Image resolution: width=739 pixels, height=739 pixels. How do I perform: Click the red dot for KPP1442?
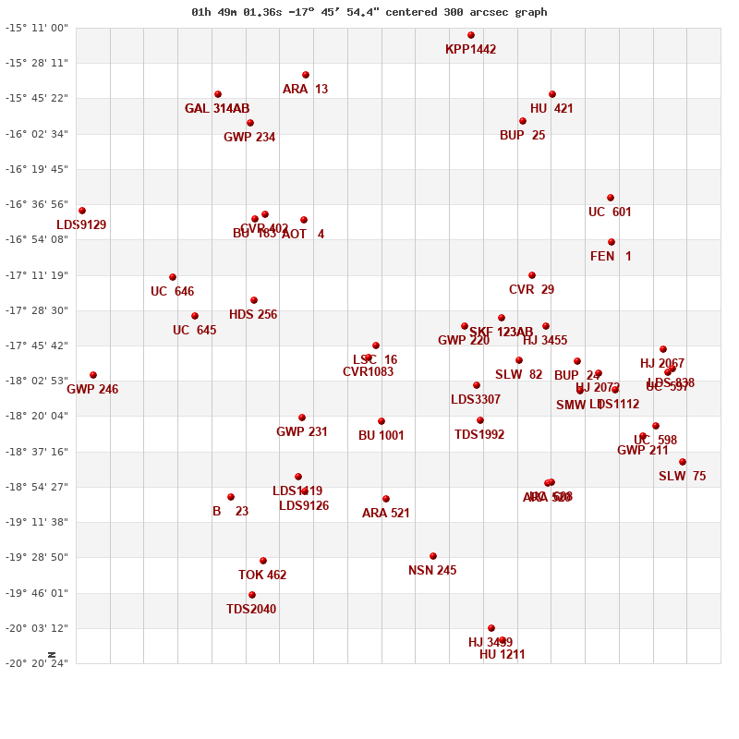click(x=471, y=35)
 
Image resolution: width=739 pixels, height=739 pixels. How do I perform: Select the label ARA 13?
click(x=305, y=90)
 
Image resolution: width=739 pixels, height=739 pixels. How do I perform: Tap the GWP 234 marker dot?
click(x=250, y=123)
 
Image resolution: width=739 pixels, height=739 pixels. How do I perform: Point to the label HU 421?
click(x=551, y=109)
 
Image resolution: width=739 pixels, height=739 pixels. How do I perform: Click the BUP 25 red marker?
click(x=523, y=121)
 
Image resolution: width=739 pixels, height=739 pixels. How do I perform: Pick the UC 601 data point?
click(x=611, y=198)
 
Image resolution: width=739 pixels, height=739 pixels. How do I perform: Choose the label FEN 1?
click(x=611, y=257)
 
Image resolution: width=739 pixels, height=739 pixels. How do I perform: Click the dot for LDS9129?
click(x=82, y=211)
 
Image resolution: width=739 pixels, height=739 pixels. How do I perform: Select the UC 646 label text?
click(x=172, y=292)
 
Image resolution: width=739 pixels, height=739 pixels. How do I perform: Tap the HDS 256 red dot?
click(x=254, y=300)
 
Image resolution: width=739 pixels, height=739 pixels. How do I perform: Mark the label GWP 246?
click(x=92, y=390)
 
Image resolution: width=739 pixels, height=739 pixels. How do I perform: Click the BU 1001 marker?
click(x=382, y=421)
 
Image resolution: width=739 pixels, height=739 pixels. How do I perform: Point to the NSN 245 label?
click(x=432, y=571)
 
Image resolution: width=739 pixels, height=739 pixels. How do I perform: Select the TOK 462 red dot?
click(x=263, y=561)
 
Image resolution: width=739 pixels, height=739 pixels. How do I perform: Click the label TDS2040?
click(x=251, y=610)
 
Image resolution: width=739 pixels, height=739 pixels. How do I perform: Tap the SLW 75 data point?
click(x=683, y=462)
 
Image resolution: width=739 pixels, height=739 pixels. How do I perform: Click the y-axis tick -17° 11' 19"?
click(x=38, y=275)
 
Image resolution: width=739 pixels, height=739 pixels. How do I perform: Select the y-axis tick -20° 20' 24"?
click(x=38, y=663)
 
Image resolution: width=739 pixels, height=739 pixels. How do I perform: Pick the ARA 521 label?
click(x=385, y=514)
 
